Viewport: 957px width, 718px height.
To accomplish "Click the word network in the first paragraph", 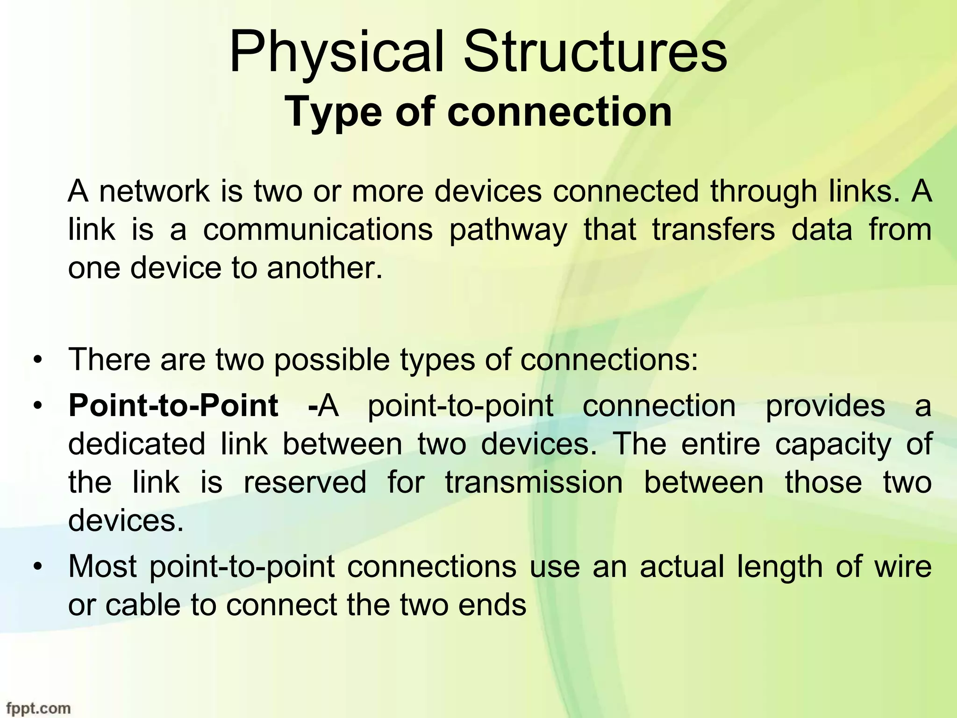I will click(155, 192).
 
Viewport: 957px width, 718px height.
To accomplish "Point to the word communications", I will click(318, 230).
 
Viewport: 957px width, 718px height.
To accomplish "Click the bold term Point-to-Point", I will click(173, 406).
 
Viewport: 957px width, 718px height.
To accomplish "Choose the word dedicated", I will click(136, 444).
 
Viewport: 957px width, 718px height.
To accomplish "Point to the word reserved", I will click(305, 482).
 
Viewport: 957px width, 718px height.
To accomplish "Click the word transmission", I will click(534, 482).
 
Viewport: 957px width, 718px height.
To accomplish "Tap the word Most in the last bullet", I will click(102, 567).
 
